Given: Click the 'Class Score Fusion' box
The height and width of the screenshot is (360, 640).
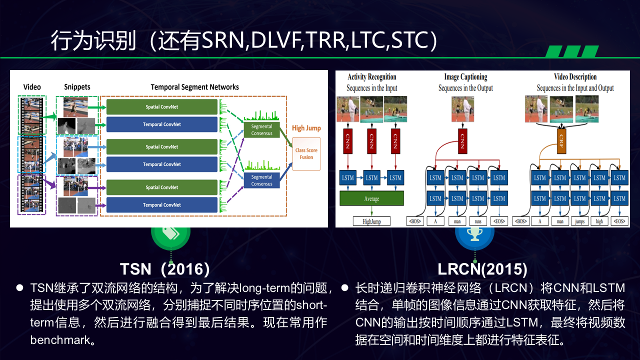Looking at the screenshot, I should (306, 153).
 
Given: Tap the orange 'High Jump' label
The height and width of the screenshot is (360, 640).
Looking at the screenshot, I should (306, 128).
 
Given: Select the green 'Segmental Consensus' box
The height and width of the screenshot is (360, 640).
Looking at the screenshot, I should (261, 130).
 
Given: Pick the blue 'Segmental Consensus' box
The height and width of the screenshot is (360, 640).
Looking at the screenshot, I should (261, 180).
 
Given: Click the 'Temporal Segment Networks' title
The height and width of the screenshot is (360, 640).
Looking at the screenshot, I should (194, 87).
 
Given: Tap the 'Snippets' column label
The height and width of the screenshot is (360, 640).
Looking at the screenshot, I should (77, 87).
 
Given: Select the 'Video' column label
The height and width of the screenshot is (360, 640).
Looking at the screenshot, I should (32, 87).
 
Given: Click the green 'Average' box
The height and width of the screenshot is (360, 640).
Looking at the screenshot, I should (371, 198).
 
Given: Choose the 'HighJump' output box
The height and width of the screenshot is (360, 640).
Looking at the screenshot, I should (371, 221).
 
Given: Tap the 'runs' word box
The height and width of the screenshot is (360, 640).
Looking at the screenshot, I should (478, 221).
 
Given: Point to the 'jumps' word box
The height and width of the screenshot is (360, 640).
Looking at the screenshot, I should (579, 221).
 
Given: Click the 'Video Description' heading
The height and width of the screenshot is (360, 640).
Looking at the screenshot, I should (575, 77).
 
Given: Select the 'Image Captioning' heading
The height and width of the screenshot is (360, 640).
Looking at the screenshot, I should (465, 77).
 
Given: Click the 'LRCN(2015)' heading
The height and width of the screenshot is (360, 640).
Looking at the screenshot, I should (482, 269).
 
